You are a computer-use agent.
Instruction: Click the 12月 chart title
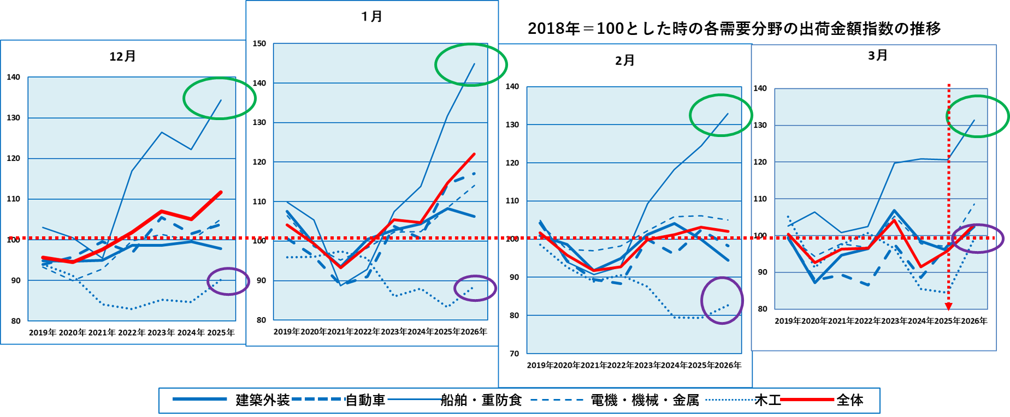[x=122, y=56]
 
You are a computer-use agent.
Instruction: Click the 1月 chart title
[x=371, y=16]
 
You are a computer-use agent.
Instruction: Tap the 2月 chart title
[x=624, y=60]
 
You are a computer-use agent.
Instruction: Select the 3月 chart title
[x=877, y=55]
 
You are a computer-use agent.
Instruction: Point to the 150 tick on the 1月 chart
[x=259, y=44]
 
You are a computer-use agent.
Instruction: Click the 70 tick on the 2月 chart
[x=514, y=353]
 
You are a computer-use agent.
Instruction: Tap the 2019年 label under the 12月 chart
[x=43, y=332]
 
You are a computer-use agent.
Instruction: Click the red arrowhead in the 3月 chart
[x=949, y=306]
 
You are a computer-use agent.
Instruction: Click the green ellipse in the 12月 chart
[x=219, y=98]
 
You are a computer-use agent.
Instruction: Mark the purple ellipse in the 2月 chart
[x=722, y=300]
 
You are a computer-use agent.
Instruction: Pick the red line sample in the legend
[x=807, y=400]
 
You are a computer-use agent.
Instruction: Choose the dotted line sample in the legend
[x=731, y=400]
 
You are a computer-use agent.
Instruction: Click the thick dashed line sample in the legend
[x=318, y=399]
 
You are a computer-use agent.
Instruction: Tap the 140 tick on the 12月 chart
[x=14, y=77]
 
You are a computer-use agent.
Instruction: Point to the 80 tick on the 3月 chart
[x=761, y=308]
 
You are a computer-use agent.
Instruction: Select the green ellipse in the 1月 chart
[x=470, y=64]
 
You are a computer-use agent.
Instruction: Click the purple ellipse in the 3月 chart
[x=977, y=238]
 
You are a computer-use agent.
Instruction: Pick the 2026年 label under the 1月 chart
[x=474, y=331]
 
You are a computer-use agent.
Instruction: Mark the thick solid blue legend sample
[x=199, y=399]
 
